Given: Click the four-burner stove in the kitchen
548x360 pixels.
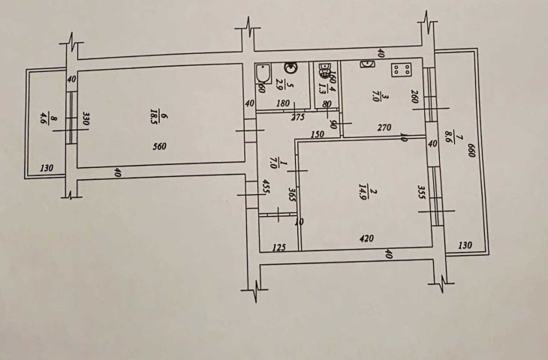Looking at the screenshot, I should click(x=399, y=70).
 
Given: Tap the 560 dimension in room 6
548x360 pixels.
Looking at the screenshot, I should click(x=158, y=147).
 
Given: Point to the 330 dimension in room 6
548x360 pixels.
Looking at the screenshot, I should click(x=86, y=119).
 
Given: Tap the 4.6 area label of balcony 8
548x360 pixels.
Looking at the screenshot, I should click(x=43, y=118).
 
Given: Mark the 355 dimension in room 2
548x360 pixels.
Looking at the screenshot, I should click(x=423, y=195).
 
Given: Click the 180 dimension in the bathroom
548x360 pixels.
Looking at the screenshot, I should click(x=284, y=103).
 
